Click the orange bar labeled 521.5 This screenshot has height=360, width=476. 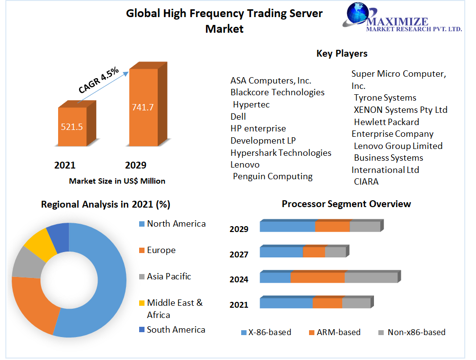(72, 127)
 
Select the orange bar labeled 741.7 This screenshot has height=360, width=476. (143, 107)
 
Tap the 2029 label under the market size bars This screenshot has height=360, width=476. (136, 165)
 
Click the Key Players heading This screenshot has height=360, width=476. (342, 53)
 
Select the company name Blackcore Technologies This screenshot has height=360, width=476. (277, 92)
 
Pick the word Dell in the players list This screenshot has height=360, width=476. (238, 116)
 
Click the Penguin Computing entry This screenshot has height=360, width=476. (273, 176)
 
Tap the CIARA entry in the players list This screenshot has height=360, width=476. (366, 182)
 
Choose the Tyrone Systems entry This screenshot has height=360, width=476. (385, 98)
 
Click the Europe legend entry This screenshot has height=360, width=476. (161, 250)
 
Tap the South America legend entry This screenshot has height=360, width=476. (176, 330)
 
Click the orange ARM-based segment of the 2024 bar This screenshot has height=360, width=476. (318, 277)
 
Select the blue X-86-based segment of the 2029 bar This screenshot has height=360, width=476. (287, 227)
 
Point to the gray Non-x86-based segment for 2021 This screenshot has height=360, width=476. (356, 303)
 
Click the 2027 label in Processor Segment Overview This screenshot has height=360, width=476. (239, 254)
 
